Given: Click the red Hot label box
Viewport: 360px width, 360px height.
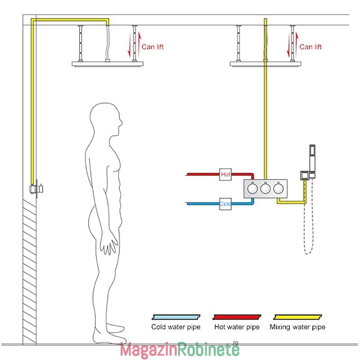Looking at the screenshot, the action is (225, 174).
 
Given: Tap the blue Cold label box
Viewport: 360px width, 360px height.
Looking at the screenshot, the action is (225, 204).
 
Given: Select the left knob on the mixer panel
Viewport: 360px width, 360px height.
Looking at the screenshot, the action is (252, 189).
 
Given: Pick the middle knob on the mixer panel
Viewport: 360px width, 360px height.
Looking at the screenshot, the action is (265, 189).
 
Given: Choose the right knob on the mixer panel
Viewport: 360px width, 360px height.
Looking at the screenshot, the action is (278, 189).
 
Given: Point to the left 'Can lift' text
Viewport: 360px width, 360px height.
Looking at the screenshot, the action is (153, 47).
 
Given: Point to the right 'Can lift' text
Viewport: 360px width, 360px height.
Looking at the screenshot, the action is (310, 47).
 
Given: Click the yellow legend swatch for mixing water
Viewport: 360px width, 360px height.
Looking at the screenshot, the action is (297, 317).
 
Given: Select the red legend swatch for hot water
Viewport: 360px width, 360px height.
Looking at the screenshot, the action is (237, 317).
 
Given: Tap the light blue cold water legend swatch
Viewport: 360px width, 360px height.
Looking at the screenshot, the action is (176, 317).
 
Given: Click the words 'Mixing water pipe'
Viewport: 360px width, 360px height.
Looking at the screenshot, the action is (297, 327).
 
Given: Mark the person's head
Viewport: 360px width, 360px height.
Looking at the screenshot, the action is (106, 119).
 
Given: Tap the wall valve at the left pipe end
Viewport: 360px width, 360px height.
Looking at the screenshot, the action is (36, 189).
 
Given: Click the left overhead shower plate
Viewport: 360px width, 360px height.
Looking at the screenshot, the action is (108, 64).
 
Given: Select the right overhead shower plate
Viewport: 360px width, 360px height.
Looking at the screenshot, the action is (265, 64).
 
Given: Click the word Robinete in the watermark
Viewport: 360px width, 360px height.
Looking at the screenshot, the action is (208, 350).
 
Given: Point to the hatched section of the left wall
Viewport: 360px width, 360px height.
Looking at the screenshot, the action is (29, 272).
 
